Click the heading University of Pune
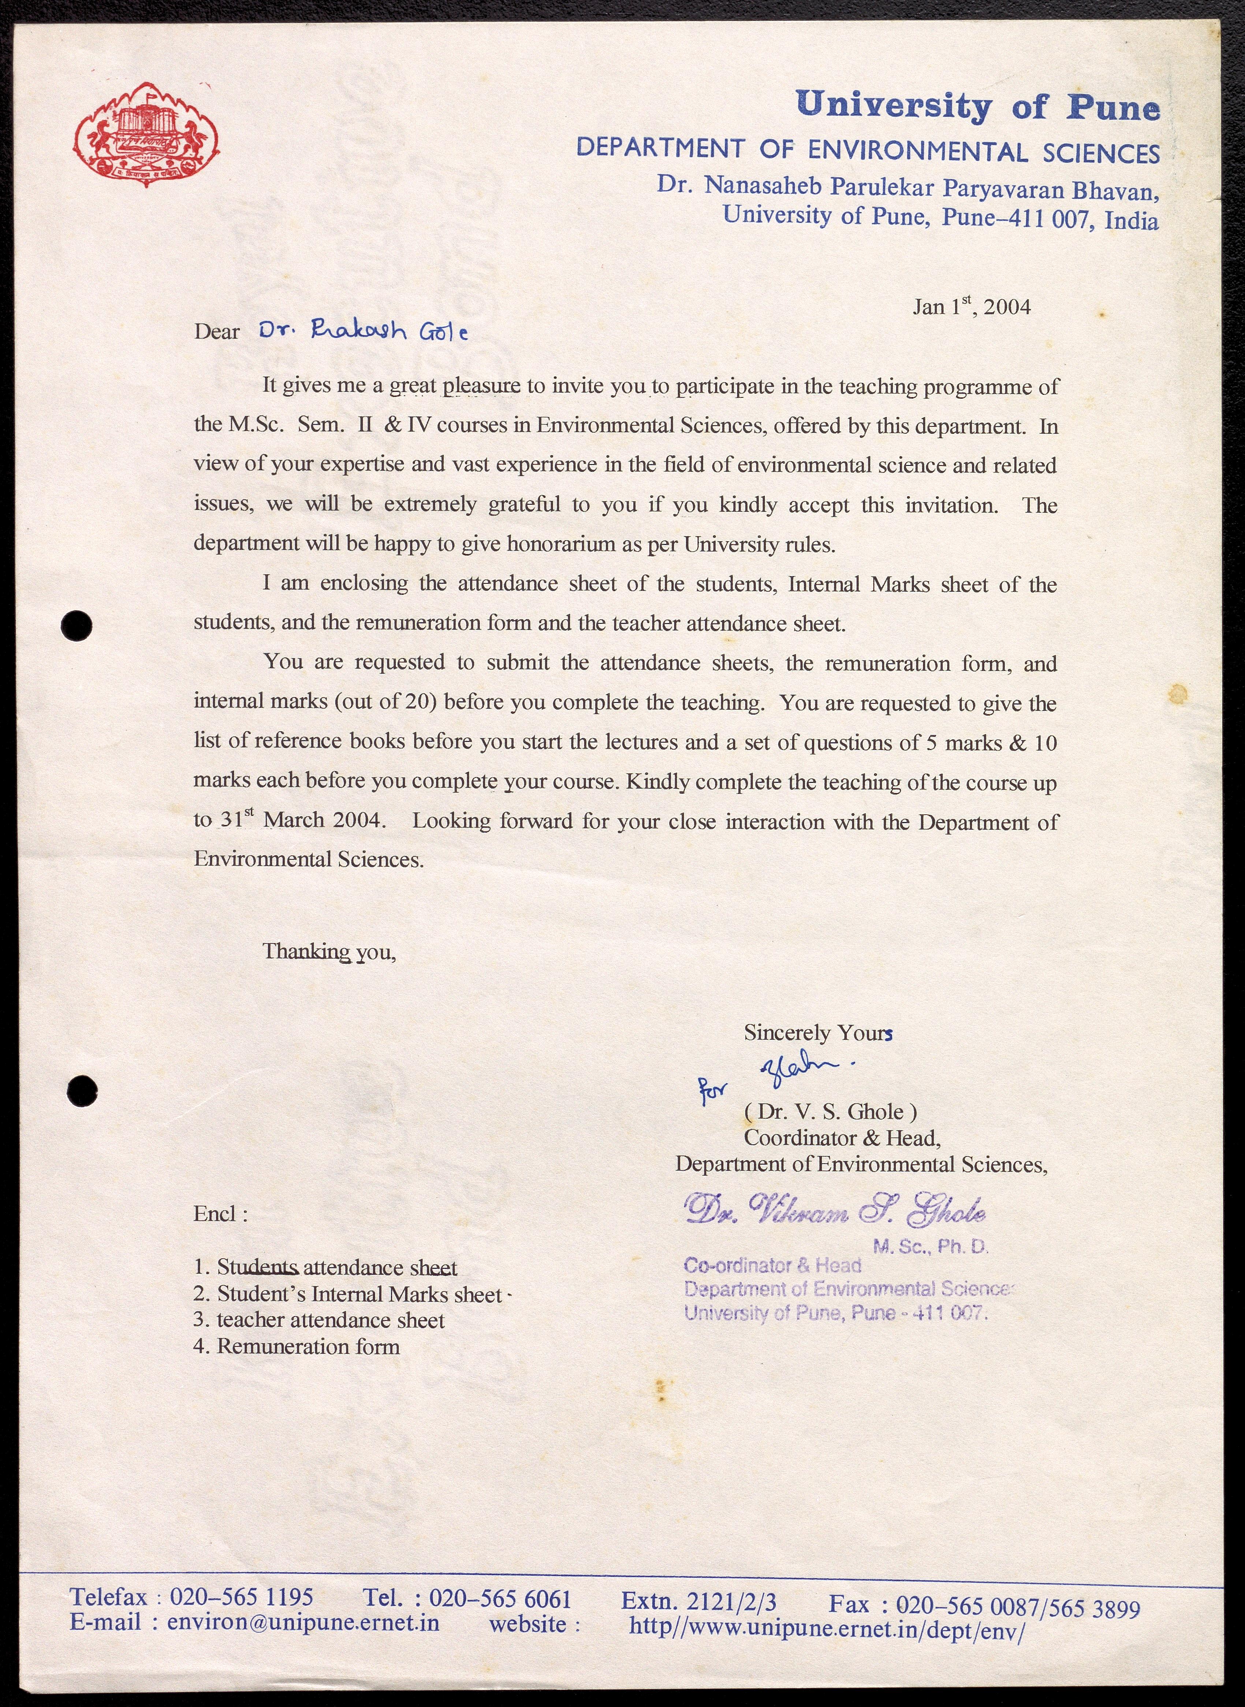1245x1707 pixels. pos(977,106)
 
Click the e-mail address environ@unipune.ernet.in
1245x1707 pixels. pos(303,1622)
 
